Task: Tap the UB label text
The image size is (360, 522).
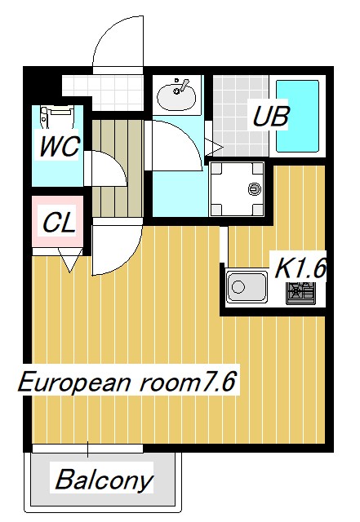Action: coord(270,116)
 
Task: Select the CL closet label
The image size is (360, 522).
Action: coord(59,221)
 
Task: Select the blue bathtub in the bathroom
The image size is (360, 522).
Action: coord(299,116)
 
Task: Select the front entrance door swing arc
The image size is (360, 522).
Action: coord(118,45)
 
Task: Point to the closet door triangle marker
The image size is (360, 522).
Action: coord(69,261)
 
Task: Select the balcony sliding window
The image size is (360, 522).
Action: coord(87,448)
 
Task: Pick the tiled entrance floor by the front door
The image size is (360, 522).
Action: coord(106,85)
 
